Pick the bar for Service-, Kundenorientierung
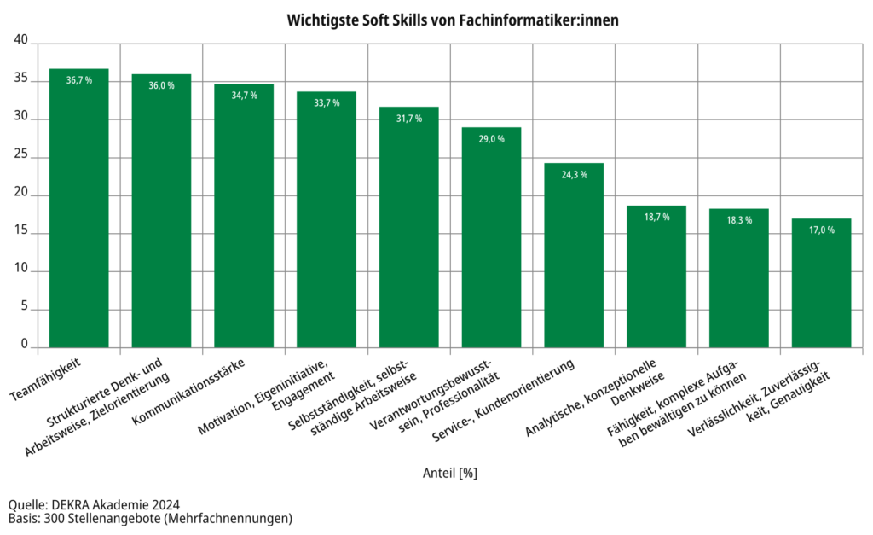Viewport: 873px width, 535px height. coord(574,255)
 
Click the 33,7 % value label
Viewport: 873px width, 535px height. coord(327,102)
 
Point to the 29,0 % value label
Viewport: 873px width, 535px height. coord(491,138)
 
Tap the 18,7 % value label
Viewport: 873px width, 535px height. coord(656,217)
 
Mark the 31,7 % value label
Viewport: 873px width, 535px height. coord(409,118)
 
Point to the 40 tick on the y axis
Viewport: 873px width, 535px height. coord(21,40)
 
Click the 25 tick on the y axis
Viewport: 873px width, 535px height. coord(21,157)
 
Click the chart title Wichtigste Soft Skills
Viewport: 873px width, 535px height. coord(441,18)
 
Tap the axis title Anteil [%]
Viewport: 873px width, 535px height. coord(449,472)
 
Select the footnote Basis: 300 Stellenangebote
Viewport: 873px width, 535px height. coord(150,518)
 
